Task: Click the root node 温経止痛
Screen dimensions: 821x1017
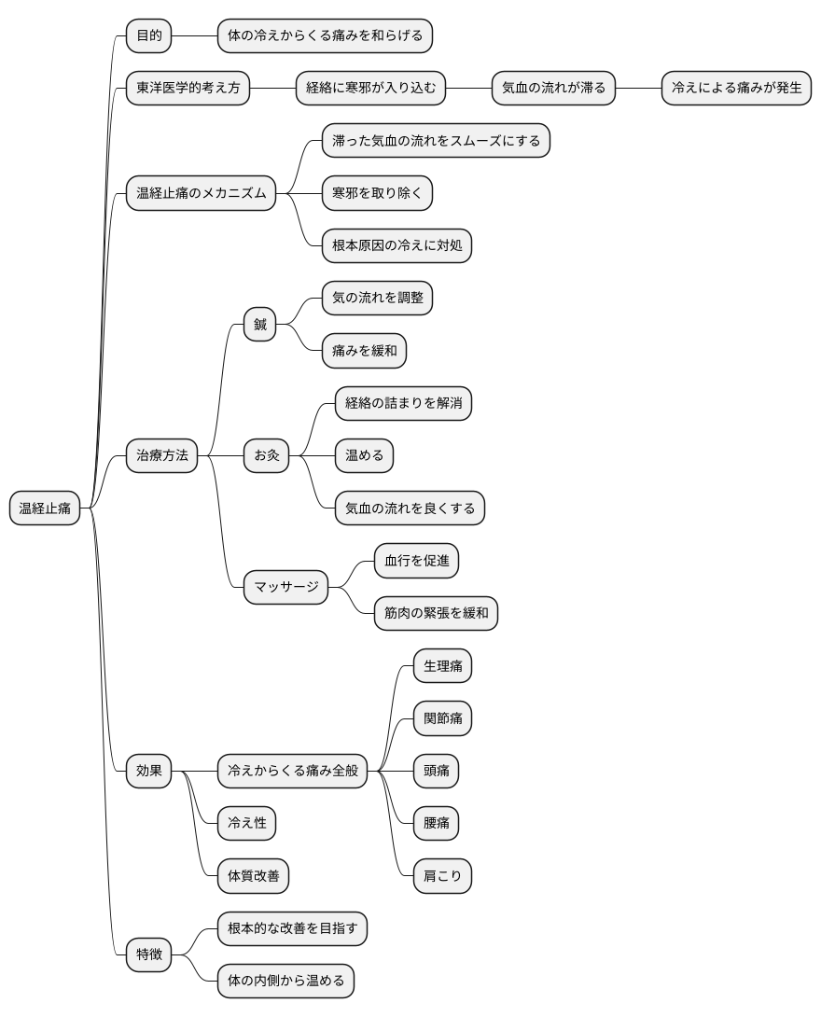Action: coord(45,508)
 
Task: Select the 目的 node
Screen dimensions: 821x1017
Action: coord(149,35)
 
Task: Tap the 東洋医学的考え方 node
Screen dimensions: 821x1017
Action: coord(188,88)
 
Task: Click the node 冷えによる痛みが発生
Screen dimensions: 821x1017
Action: coord(737,88)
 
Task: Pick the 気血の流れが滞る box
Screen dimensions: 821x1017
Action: coord(554,88)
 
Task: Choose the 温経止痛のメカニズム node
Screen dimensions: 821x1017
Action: coord(201,192)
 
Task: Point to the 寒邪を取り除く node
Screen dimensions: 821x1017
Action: coord(378,192)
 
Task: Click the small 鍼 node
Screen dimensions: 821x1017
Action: coord(260,325)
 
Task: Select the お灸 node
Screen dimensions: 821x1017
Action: coord(267,455)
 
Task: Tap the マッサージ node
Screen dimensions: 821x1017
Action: coord(286,587)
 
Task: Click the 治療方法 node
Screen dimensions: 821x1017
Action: coord(162,455)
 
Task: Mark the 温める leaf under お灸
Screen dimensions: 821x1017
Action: coord(365,455)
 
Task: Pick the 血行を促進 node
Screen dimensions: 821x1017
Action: coord(416,561)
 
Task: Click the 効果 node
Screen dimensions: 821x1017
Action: coord(149,771)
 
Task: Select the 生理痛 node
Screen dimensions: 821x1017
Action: coord(443,665)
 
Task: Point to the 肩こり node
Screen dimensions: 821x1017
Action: coord(443,875)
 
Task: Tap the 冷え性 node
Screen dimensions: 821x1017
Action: coord(247,823)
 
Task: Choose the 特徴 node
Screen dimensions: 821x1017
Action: coord(149,954)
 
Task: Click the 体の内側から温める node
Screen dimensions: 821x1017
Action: coord(286,981)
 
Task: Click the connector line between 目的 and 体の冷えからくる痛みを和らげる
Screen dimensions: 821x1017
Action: coord(195,35)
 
